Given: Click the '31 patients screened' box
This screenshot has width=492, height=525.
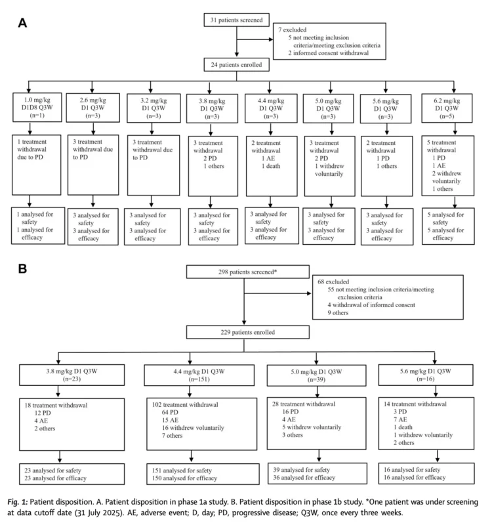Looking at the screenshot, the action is pos(237,20).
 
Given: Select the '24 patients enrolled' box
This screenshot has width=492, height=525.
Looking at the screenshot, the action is pos(237,64).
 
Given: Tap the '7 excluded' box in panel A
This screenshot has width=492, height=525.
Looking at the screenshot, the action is pos(329,41).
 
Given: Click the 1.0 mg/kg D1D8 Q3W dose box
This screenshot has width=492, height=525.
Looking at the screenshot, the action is pos(37,107).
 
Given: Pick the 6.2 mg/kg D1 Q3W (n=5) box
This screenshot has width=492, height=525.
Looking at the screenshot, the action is pos(447,108).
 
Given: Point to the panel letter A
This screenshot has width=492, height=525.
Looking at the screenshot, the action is pos(22,23).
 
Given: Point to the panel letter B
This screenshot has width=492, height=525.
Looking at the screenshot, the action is pos(22,268).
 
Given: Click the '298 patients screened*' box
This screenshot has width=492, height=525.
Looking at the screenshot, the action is pos(248,272).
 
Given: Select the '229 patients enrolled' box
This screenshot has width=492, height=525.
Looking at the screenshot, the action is pos(248,332).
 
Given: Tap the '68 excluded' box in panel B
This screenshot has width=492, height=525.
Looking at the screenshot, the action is pos(388,297).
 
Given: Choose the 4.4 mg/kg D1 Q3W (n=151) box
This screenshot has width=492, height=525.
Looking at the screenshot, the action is pos(199,375).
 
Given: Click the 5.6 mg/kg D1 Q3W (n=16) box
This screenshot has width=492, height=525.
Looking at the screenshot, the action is pos(426,375).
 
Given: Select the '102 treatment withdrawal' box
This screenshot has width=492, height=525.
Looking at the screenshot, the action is pos(202,424).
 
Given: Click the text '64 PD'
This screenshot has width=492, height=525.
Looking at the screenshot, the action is pos(170,412).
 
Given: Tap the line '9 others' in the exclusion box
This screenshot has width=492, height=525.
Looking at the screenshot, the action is pos(338,313).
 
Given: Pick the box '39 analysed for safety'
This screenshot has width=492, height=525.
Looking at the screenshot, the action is pos(318,473).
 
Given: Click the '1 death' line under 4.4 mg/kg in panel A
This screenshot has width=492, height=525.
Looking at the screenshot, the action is pos(271,166).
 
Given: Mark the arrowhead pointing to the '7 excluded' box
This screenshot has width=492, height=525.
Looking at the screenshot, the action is pos(271,39).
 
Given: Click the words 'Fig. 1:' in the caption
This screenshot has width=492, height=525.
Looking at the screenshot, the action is pos(18,502).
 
